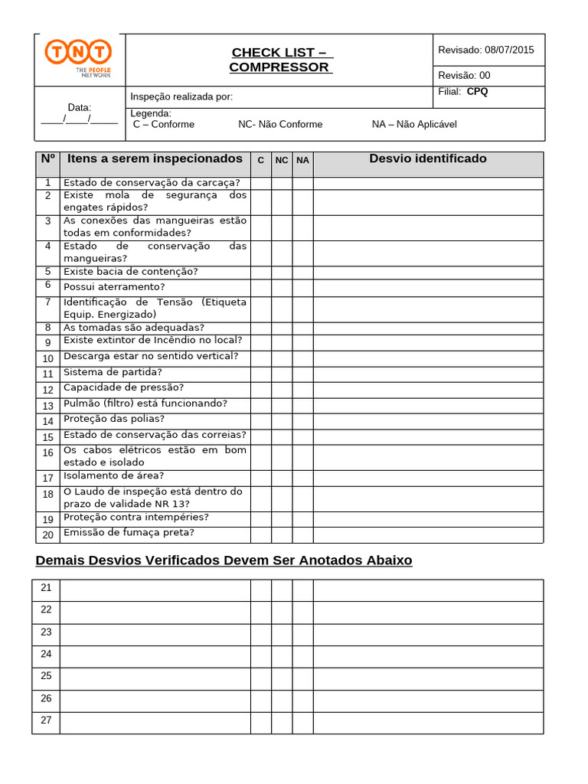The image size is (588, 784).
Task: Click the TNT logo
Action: tap(78, 59)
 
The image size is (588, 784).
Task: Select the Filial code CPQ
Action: tap(477, 92)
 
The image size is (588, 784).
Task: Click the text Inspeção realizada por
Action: tap(181, 96)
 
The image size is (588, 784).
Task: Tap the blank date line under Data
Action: tap(79, 119)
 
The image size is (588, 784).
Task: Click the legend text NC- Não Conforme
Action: tap(280, 124)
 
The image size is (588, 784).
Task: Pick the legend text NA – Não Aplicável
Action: tap(413, 124)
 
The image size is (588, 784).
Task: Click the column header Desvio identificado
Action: tap(427, 159)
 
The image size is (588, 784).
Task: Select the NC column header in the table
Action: tap(282, 160)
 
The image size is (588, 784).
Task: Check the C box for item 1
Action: tap(260, 183)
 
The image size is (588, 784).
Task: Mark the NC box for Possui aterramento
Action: tap(282, 287)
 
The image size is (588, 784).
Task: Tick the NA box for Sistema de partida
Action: tap(302, 373)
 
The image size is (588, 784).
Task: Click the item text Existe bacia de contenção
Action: tap(130, 272)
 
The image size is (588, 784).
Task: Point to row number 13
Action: tap(47, 406)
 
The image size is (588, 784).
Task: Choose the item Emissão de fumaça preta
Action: tap(129, 533)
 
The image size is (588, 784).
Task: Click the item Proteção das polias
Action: tap(114, 420)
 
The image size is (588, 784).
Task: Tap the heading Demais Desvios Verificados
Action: tap(224, 560)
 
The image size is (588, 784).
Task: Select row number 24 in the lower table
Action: tap(46, 654)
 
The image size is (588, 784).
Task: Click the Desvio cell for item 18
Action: tap(428, 498)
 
